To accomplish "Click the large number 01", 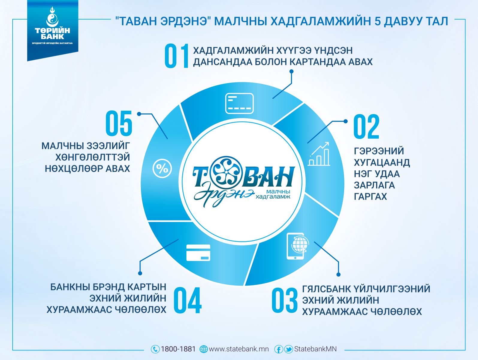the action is (x=177, y=56).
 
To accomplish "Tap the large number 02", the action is (x=367, y=126).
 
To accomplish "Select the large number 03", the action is (x=285, y=300).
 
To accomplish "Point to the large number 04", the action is (x=188, y=300).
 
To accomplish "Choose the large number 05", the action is (x=119, y=123).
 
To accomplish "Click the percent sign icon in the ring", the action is (x=162, y=169).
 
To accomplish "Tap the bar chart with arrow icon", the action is (x=319, y=154).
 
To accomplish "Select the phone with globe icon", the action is (x=297, y=246).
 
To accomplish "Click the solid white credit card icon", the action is (x=198, y=253).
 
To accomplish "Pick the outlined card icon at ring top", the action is (x=239, y=103).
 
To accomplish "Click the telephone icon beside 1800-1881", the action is (x=155, y=349).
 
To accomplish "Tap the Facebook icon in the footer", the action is (x=278, y=349).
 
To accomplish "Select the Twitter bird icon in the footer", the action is (x=288, y=349).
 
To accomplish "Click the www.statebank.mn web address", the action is (x=239, y=349).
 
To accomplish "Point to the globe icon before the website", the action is (x=203, y=349).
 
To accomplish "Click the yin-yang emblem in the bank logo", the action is (x=52, y=19).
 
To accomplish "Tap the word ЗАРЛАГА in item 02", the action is (x=374, y=185).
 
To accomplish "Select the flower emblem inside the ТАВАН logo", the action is (x=227, y=172).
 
